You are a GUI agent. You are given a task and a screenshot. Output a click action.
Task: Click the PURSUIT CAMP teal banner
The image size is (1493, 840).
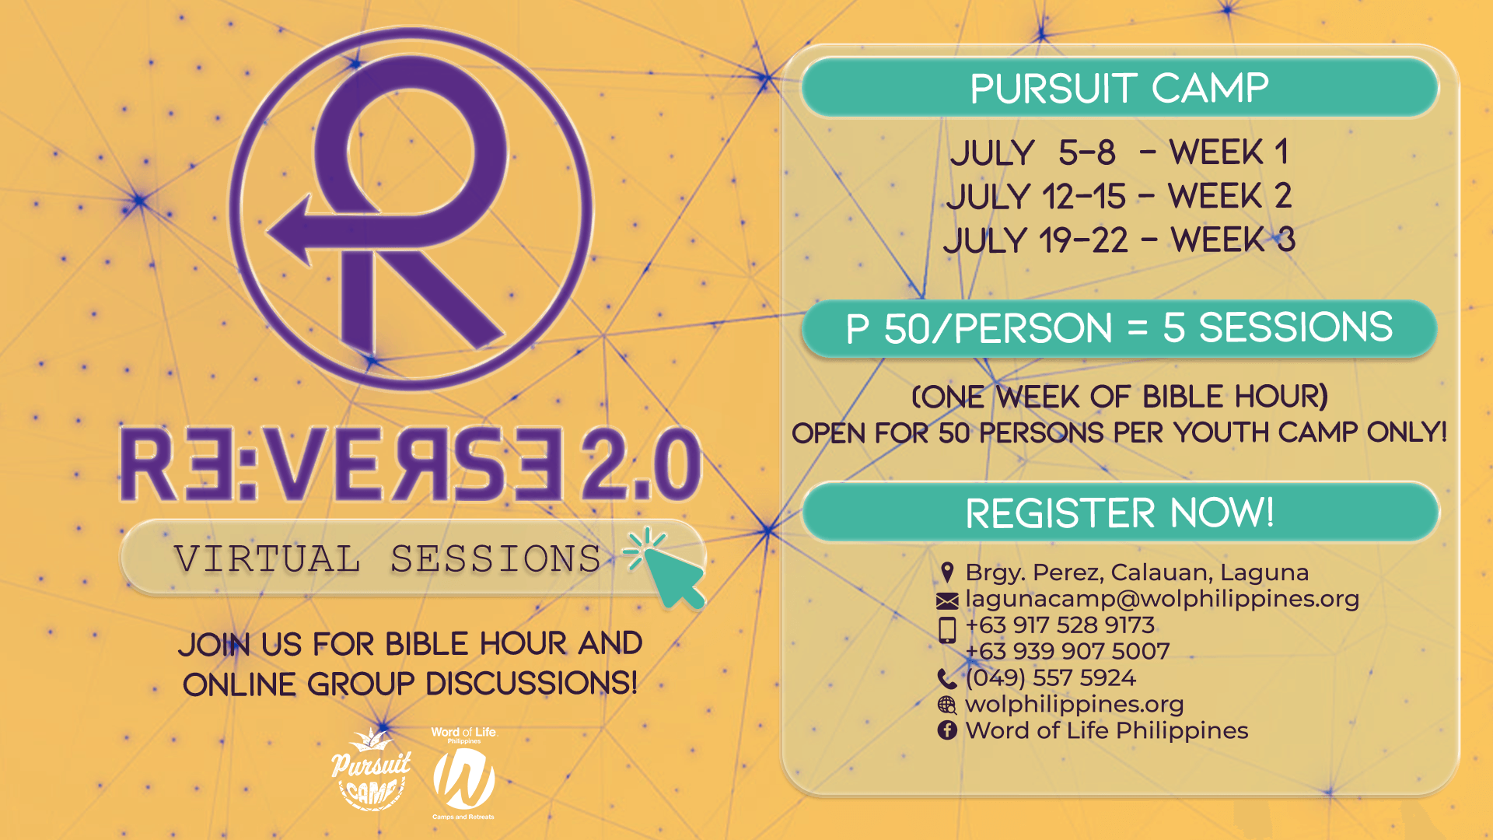point(1120,87)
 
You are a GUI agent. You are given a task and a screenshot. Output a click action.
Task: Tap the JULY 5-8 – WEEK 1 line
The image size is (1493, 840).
point(1119,152)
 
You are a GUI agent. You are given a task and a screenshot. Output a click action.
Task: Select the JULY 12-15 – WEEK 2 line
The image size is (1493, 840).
point(1119,196)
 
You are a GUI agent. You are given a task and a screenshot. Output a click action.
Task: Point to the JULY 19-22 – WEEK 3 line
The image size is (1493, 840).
point(1119,240)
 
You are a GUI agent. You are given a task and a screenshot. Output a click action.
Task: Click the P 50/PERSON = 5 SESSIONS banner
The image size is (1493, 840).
point(1119,328)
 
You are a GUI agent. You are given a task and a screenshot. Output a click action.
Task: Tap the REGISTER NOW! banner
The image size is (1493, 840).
point(1120,512)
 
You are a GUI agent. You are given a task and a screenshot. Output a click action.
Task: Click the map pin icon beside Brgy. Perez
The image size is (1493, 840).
point(947,572)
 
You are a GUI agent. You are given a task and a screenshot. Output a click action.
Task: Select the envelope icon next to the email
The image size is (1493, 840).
point(947,600)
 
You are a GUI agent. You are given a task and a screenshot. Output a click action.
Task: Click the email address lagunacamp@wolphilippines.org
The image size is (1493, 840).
point(1162,599)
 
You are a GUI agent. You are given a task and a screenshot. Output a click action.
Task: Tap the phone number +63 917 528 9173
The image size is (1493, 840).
point(1060,625)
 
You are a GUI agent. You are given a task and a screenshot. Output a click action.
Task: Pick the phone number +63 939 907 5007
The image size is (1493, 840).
point(1067,651)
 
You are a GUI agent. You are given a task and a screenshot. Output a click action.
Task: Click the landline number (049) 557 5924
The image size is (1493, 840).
point(1051,677)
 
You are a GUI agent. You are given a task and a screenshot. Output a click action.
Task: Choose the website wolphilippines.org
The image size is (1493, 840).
point(1074,704)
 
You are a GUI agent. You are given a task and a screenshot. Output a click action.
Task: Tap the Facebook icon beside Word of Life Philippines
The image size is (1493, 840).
point(947,730)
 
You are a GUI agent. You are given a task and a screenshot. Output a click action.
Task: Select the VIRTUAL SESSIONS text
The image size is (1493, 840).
point(387,558)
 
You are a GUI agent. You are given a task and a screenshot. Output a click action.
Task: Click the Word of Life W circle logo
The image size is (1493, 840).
point(464,779)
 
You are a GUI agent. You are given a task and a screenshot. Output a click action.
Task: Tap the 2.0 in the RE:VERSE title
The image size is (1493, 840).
point(642,464)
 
